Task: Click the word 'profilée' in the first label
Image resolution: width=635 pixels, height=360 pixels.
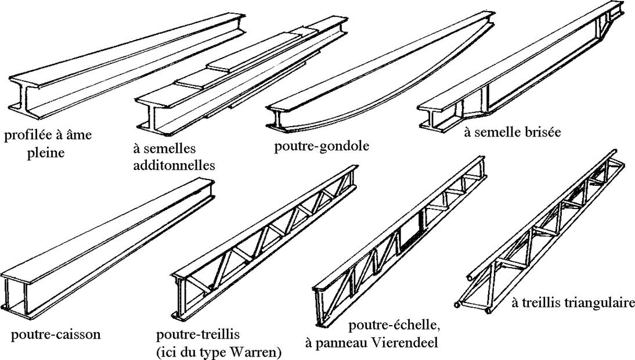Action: click(26, 136)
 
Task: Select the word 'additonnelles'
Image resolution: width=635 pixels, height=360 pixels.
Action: click(174, 165)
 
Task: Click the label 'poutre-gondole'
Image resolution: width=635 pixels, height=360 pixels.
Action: click(322, 146)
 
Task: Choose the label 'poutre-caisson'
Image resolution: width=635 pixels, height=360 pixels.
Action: click(56, 334)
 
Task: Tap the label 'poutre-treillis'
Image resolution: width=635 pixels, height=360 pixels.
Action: click(198, 335)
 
